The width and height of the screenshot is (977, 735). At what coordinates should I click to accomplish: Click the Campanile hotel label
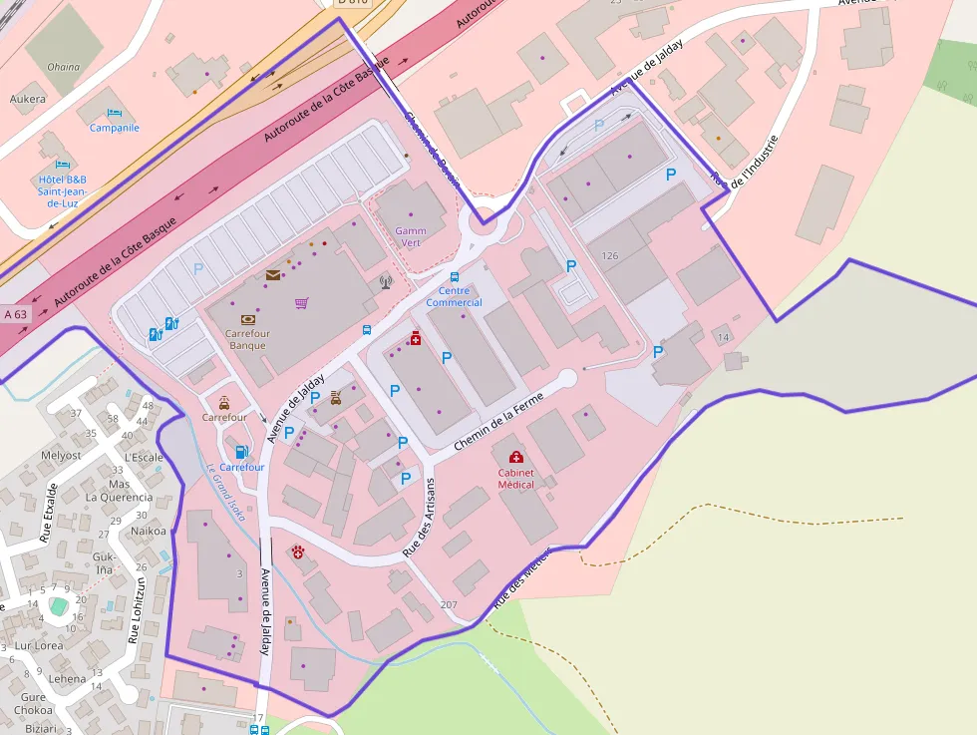click(115, 128)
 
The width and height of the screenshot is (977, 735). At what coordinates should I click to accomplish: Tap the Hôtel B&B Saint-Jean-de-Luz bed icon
click(64, 165)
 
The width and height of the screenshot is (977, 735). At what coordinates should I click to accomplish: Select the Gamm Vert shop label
click(410, 236)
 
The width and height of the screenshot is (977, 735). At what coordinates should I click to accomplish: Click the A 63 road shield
click(16, 314)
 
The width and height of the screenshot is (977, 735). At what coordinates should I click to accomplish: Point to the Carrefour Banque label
click(245, 339)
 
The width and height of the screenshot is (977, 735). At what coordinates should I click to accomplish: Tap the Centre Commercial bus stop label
click(454, 296)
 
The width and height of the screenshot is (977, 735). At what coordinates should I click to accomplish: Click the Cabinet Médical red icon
click(516, 458)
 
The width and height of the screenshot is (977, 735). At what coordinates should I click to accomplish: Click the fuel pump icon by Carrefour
click(240, 452)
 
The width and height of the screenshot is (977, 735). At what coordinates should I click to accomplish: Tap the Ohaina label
click(63, 68)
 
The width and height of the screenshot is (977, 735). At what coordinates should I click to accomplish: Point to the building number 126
click(610, 256)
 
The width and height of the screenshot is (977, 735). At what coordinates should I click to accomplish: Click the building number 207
click(448, 605)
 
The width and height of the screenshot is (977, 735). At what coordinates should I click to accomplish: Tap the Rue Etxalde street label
click(48, 513)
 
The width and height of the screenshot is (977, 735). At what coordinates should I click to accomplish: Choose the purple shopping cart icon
click(301, 303)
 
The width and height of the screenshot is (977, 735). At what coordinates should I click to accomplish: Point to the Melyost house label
click(61, 455)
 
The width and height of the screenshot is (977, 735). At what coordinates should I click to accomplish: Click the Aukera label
click(28, 99)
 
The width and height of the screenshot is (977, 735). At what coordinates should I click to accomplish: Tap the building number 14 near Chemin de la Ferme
click(724, 338)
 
